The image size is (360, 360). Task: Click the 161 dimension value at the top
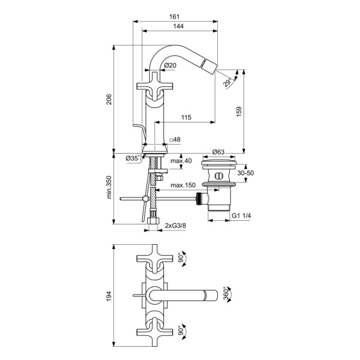174,17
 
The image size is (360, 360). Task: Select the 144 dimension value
178,26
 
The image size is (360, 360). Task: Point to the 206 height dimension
109,100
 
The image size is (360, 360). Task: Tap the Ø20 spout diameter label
170,65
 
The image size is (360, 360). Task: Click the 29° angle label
228,82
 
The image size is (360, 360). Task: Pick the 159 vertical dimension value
239,112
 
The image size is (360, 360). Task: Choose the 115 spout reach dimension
186,118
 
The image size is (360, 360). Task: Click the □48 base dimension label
175,139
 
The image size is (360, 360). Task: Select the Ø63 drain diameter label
218,152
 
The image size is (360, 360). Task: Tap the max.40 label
181,161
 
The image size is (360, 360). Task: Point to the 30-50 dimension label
245,173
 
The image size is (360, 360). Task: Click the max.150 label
183,185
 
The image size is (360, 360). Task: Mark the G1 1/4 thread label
241,215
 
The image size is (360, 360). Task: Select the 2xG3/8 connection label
176,226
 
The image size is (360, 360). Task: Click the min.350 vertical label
109,187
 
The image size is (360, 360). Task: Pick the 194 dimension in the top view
109,296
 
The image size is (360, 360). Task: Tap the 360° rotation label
226,293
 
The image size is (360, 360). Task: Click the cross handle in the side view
155,86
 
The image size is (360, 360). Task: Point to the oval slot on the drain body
219,176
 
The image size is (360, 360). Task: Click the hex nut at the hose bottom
153,221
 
